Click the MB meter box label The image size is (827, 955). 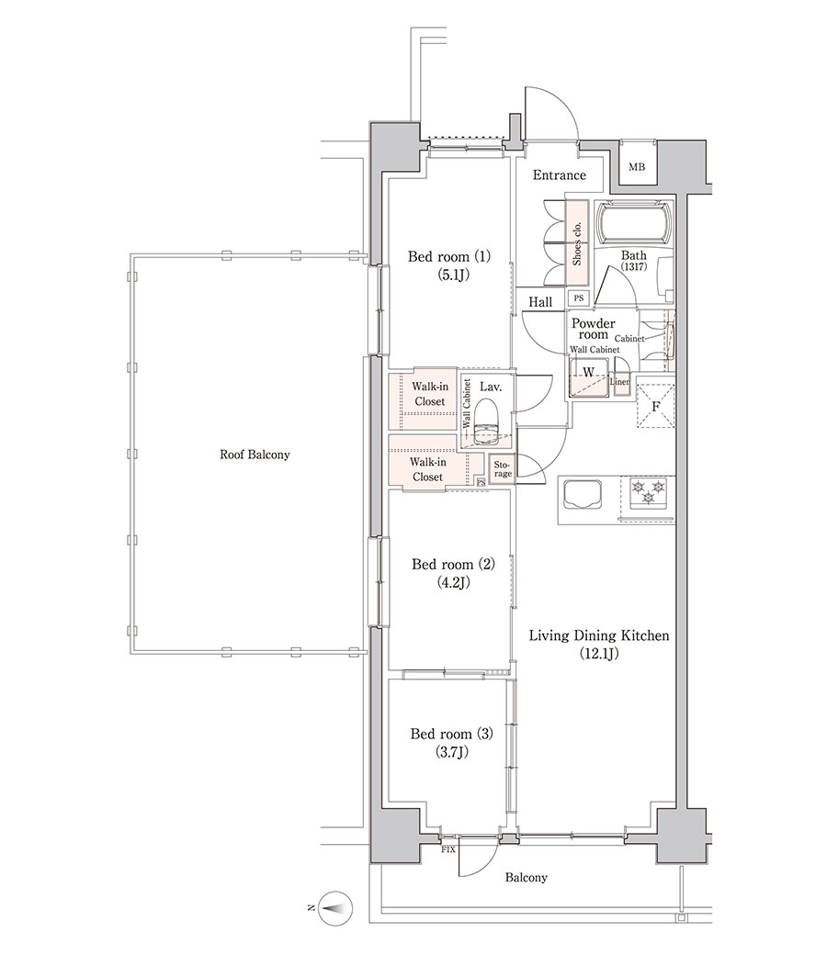click(x=636, y=167)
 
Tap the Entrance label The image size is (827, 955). click(x=559, y=175)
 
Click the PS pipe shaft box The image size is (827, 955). click(x=578, y=298)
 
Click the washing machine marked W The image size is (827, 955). click(x=589, y=377)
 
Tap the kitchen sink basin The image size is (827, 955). click(x=583, y=493)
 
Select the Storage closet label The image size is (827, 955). click(x=503, y=469)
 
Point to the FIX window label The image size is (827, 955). click(x=447, y=849)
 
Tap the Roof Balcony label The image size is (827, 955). click(x=255, y=455)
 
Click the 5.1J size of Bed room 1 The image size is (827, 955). click(x=453, y=275)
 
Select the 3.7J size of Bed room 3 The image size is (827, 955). click(x=452, y=752)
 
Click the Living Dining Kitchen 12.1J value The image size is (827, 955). click(x=598, y=654)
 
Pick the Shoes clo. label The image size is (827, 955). click(x=577, y=243)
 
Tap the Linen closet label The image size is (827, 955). click(x=620, y=382)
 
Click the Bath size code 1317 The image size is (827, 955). click(x=634, y=266)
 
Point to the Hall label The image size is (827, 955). click(x=540, y=302)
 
